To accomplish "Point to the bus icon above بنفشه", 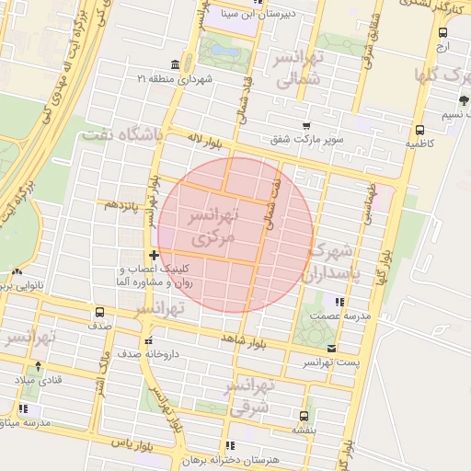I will (x=304, y=415).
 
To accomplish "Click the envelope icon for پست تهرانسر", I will (x=331, y=348).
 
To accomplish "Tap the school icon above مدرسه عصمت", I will (x=340, y=301).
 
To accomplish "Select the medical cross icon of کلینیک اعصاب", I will (x=153, y=254).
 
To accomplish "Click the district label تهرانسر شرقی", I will (x=248, y=394).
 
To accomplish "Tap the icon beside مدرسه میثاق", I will (x=23, y=408).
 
